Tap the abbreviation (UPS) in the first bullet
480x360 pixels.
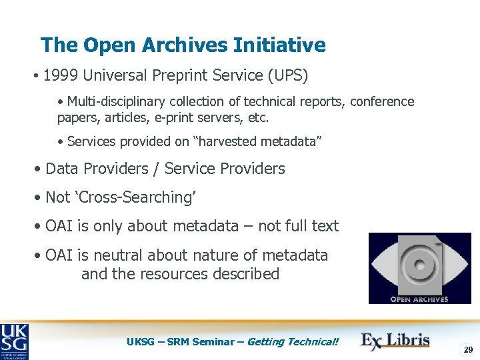[x=287, y=75]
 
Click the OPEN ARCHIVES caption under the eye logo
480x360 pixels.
[x=419, y=299]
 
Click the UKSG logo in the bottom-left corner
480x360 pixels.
[x=15, y=341]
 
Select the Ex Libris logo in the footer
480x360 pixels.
[x=395, y=341]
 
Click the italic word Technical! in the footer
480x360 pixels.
[x=313, y=342]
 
